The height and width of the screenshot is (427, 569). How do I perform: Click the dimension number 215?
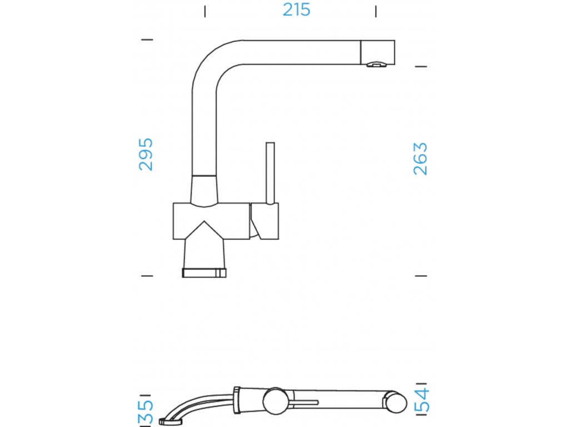point(296,10)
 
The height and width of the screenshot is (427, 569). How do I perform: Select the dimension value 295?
point(146,154)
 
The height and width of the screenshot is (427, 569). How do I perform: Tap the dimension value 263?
point(420,159)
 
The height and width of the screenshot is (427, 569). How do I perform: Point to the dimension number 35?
point(146,413)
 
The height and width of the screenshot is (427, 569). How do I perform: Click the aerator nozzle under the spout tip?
point(376,64)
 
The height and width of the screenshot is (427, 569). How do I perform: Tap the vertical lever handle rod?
point(270,172)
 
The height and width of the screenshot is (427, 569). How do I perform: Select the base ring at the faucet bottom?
point(204,272)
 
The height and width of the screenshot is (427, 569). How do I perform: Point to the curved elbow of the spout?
point(211,61)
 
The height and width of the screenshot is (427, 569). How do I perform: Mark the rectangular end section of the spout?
point(378,51)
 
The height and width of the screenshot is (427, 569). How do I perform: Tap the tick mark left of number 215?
point(204,11)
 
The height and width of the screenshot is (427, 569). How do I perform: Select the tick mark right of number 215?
point(376,11)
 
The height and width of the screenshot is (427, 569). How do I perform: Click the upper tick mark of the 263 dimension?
point(421,67)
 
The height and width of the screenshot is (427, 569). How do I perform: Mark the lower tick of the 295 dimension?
point(147,275)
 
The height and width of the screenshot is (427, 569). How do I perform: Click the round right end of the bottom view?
point(395,402)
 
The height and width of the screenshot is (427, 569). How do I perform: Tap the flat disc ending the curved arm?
point(166,421)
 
